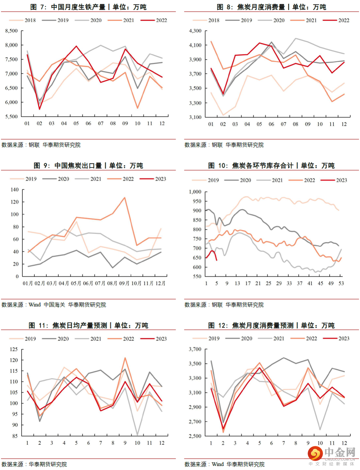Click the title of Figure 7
pos(88,7)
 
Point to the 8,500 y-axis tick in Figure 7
pos(12,31)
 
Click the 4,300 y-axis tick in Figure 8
pos(195,31)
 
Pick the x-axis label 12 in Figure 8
pos(344,124)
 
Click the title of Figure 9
pos(88,166)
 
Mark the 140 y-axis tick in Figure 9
pos(15,190)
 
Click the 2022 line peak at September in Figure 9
pos(125,198)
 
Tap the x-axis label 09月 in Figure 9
pos(124,283)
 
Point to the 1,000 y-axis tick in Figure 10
pos(195,192)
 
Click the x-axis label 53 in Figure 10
pos(341,283)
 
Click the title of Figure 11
pos(88,325)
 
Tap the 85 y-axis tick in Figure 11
pos(15,436)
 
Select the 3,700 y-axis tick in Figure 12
pos(195,349)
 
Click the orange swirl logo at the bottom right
pos(315,453)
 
